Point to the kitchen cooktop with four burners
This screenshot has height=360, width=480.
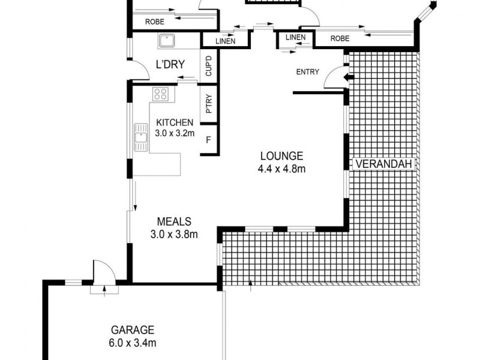tap(161, 94)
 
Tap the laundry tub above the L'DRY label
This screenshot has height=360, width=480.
tap(166, 41)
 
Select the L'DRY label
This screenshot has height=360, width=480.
tap(169, 65)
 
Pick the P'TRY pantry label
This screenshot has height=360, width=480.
tap(209, 107)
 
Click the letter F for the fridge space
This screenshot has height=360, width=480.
tap(208, 141)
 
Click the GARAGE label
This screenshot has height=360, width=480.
tap(133, 329)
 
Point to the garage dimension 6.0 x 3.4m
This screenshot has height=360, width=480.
tap(133, 343)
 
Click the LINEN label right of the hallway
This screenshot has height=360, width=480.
tap(296, 38)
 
